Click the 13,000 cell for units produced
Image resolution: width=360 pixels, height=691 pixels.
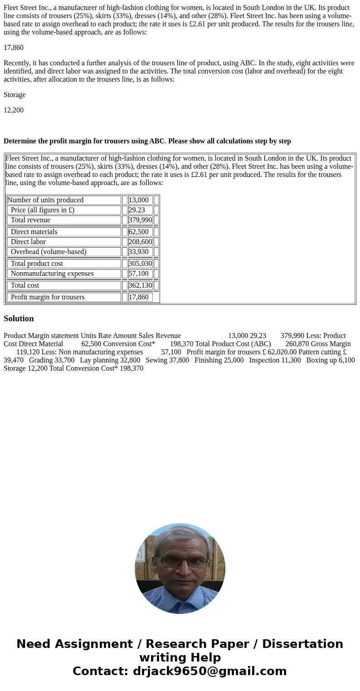pos(139,200)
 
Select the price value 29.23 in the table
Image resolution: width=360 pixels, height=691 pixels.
pos(137,210)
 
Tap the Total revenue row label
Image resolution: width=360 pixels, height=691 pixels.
pos(30,220)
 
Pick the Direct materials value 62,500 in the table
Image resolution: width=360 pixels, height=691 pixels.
pos(138,232)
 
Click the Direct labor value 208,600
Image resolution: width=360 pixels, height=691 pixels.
pos(140,242)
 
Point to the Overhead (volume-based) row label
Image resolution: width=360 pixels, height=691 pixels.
pos(49,252)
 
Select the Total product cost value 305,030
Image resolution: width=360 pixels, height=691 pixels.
pos(140,264)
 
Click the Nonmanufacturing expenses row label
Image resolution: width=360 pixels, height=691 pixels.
pos(52,274)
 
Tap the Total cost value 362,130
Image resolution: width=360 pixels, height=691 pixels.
pos(140,285)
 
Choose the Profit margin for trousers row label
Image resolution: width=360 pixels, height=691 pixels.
pos(48,297)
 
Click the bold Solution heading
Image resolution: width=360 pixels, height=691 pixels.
pos(19,319)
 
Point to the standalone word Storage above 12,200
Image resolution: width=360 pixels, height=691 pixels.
pos(15,95)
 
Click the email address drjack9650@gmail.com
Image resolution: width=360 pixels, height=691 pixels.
pos(210,671)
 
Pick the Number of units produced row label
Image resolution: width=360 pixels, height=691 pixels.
pos(45,200)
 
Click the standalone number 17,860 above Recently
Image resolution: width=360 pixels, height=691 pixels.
pos(14,48)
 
